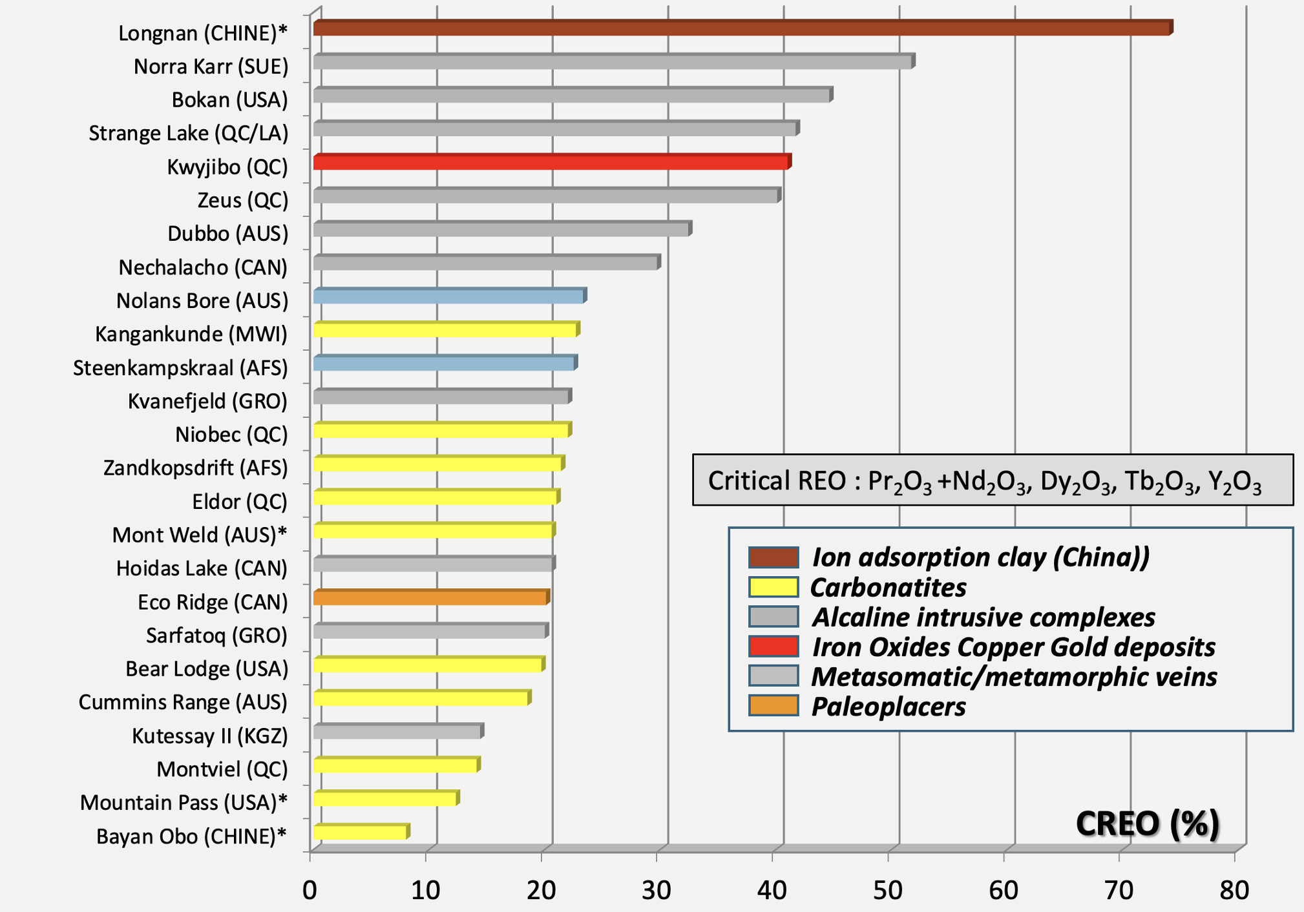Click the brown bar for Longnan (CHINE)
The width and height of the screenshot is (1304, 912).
(x=743, y=28)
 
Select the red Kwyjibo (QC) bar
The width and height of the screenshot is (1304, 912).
(x=552, y=161)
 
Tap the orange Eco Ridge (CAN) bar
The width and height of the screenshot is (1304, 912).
(x=432, y=597)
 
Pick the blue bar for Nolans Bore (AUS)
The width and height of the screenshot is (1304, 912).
(x=450, y=296)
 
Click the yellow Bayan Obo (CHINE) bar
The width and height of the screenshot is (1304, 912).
(x=362, y=832)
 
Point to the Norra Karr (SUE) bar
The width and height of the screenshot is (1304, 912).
(x=615, y=61)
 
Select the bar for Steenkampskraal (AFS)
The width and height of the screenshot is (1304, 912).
(x=446, y=363)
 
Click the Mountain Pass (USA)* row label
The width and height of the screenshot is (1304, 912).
(x=184, y=802)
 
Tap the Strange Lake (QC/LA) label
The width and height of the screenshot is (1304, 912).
(x=188, y=133)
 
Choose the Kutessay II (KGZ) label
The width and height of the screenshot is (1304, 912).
(x=210, y=736)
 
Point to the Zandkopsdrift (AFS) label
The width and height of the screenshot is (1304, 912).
(x=196, y=468)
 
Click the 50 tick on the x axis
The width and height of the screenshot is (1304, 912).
(x=888, y=890)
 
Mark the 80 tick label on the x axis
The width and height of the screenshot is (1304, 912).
(x=1234, y=890)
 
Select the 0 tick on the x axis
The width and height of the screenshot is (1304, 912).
(x=310, y=890)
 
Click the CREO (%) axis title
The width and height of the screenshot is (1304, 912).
(x=1148, y=824)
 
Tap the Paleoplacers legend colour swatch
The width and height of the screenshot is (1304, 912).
(x=773, y=705)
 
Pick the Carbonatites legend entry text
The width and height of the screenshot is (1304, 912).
(x=889, y=588)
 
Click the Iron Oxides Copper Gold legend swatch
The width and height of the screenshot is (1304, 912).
(x=773, y=646)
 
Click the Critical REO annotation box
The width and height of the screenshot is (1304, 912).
(x=993, y=480)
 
